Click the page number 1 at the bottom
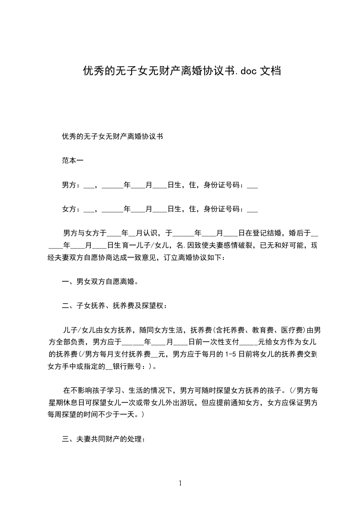[x=180, y=483]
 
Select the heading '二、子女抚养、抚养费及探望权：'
[x=114, y=306]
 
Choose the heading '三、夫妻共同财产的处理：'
[x=104, y=439]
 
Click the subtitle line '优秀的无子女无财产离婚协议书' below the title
[x=113, y=136]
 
